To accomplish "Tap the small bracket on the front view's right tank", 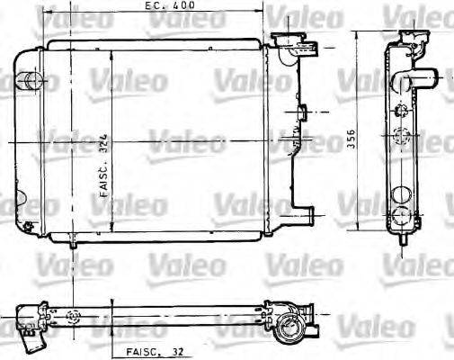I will tap(302, 112).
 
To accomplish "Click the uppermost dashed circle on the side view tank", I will tap(401, 110).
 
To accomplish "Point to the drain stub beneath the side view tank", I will tap(402, 240).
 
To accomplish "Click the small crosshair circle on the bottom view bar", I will tap(74, 316).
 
